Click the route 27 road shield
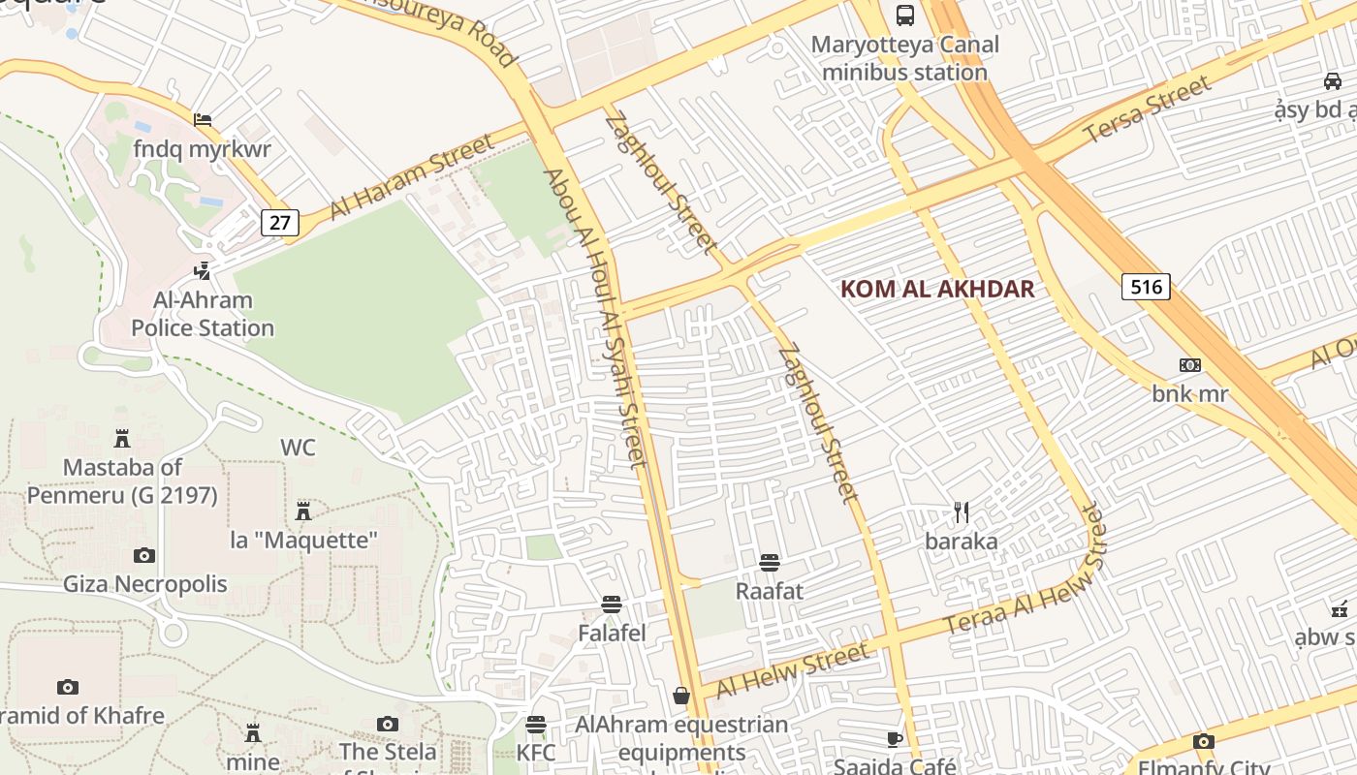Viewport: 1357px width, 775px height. (x=279, y=223)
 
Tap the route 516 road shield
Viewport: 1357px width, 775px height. (x=1146, y=287)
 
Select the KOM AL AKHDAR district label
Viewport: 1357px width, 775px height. (x=937, y=289)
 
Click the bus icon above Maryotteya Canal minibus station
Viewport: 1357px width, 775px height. (x=904, y=15)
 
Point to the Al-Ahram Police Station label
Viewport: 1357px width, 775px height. (x=203, y=314)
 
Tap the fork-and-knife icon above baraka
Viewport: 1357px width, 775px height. (x=961, y=512)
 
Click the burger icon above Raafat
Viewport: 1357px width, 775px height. (x=770, y=563)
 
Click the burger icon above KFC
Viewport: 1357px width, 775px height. (x=536, y=725)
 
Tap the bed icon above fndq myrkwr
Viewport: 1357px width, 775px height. (x=203, y=120)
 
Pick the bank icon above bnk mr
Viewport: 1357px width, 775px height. (x=1189, y=365)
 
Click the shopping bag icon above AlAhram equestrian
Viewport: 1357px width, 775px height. (x=681, y=696)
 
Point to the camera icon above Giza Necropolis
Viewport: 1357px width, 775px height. (x=144, y=555)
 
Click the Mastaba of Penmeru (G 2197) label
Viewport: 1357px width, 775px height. (x=122, y=480)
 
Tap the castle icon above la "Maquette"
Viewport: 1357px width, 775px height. (x=303, y=511)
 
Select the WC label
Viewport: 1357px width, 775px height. (x=298, y=448)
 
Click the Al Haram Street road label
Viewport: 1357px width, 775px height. (x=411, y=177)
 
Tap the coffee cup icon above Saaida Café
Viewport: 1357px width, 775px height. (x=895, y=740)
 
